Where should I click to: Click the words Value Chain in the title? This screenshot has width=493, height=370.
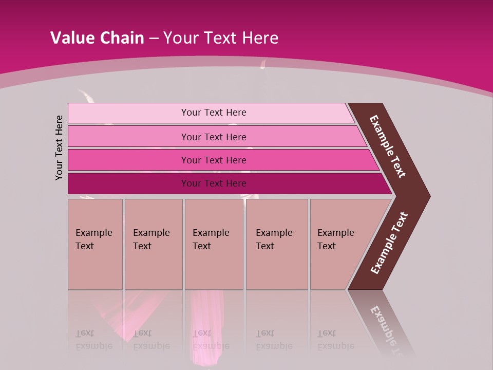pos(97,38)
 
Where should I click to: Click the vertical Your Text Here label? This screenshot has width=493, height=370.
pos(59,147)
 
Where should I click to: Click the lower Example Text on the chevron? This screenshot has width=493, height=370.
pos(389,243)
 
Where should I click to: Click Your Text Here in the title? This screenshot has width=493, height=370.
pos(221,38)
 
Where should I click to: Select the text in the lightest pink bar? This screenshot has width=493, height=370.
pos(214,113)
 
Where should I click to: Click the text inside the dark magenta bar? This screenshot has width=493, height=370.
pos(214,183)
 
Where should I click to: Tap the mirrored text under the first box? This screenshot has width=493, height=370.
pos(93,340)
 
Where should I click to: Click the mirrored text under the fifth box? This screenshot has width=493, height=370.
pos(335,340)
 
